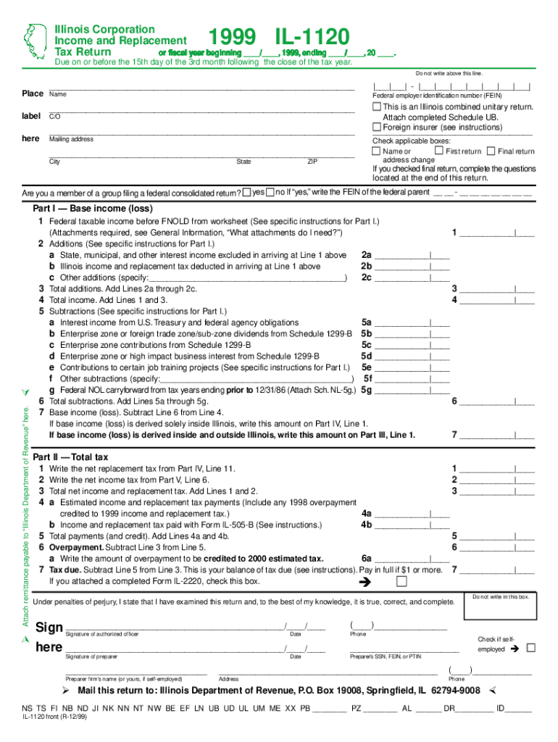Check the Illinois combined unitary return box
tap(377, 107)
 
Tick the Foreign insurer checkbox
tap(377, 127)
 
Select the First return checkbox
tap(439, 151)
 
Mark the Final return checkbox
tap(491, 151)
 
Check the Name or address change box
tap(376, 151)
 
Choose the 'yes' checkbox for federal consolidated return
tap(247, 192)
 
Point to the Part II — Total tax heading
tap(70, 457)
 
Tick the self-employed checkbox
tap(530, 649)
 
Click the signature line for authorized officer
tap(174, 627)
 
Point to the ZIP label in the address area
tap(312, 162)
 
